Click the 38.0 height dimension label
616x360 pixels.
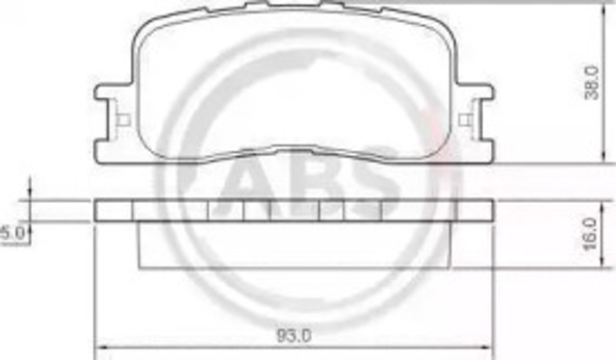592,83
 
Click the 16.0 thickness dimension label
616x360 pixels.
591,234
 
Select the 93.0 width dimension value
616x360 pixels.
294,336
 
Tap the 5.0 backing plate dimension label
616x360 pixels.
13,234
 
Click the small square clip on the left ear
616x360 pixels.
124,119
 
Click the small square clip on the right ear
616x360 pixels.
466,119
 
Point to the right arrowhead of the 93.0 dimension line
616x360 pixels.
486,347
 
